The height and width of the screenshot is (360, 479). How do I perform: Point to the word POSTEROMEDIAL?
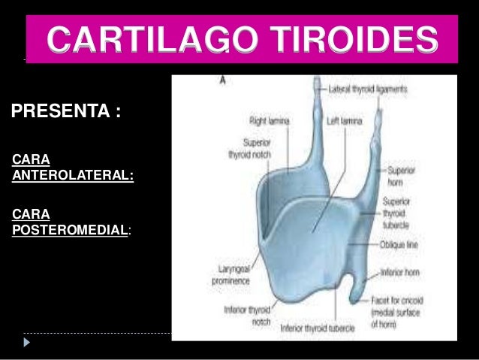click(69, 229)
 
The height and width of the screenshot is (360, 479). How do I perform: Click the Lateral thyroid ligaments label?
click(368, 89)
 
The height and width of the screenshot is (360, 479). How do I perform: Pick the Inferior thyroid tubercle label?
click(324, 328)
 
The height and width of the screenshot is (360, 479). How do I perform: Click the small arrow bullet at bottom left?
click(28, 342)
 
